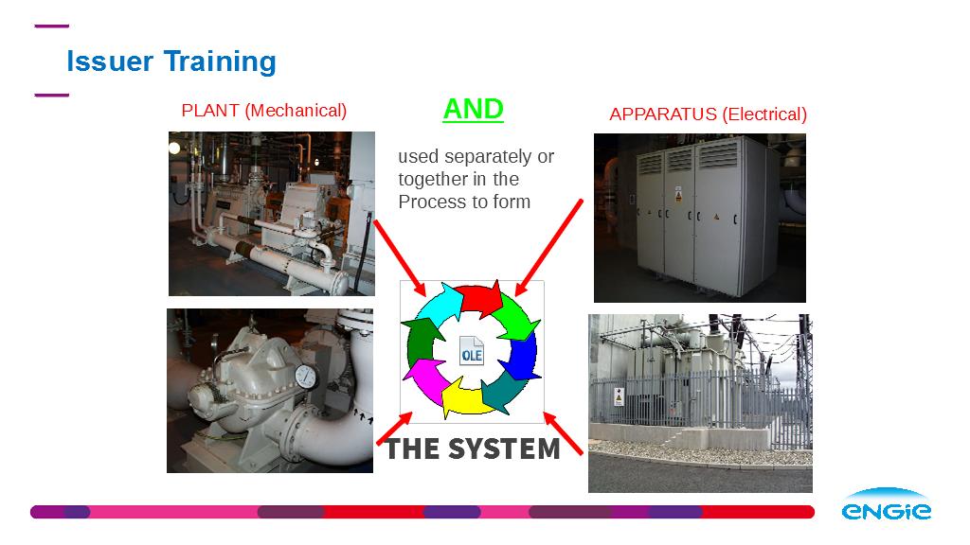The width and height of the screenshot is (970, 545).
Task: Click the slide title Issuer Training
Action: pyautogui.click(x=171, y=62)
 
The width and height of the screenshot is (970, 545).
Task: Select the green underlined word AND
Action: pyautogui.click(x=474, y=110)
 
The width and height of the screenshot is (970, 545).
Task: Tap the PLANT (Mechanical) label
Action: pyautogui.click(x=264, y=111)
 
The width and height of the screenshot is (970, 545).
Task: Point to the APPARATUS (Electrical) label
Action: pyautogui.click(x=709, y=114)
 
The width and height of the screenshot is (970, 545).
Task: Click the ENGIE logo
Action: pyautogui.click(x=887, y=504)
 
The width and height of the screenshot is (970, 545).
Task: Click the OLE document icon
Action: pyautogui.click(x=472, y=351)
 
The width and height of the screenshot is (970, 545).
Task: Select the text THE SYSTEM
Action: pyautogui.click(x=473, y=448)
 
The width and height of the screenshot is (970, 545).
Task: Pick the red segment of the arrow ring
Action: pyautogui.click(x=479, y=298)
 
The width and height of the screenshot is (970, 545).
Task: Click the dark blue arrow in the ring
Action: pyautogui.click(x=522, y=356)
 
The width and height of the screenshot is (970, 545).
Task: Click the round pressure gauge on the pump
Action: pyautogui.click(x=306, y=377)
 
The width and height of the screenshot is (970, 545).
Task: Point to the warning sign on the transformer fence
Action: pyautogui.click(x=619, y=396)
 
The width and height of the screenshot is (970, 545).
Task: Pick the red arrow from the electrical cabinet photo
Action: pyautogui.click(x=548, y=248)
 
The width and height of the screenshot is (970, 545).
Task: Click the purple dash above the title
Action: pyautogui.click(x=52, y=26)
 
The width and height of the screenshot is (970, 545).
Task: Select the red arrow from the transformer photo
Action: pyautogui.click(x=563, y=433)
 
